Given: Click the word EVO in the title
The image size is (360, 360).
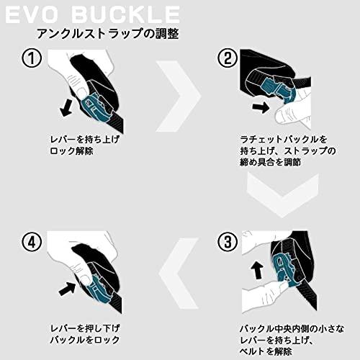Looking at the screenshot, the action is coord(31,14).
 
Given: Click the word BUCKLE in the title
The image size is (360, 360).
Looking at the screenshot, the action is coord(125,14).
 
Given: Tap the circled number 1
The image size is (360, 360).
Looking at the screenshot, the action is coord(32,58).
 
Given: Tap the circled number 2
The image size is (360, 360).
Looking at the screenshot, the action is coord(228,58).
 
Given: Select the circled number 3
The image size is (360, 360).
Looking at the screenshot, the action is coord(228,242).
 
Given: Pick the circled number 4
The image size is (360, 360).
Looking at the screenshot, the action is coord(32,242).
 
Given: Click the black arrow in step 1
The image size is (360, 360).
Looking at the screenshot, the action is coord(66,108).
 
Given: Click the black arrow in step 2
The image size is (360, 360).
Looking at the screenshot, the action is coord(261,107).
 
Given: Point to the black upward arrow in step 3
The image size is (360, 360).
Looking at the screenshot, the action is coord(257,270).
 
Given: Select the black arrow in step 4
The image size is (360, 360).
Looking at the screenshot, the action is coord(68,289).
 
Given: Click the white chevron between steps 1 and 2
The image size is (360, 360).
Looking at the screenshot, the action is coord(179,96).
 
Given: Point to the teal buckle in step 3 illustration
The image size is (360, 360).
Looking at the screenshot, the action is coord(284,269).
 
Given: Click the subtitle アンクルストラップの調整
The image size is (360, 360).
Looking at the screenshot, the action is coord(108,33).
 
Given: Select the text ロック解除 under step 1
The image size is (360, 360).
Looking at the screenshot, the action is coord(71,151).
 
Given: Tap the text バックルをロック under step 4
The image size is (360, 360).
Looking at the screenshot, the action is coord(85,340).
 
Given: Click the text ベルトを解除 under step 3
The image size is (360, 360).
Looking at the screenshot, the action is coord(266,351).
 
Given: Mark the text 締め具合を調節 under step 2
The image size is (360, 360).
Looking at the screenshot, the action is coord(271,162).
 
